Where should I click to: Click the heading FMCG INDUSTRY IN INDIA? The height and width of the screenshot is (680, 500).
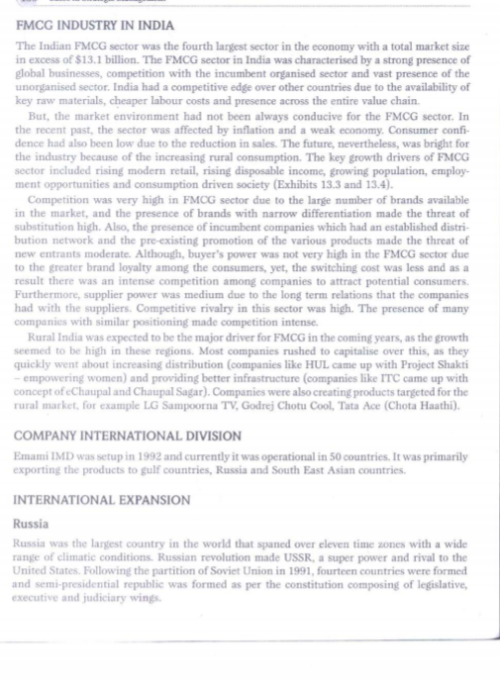pyautogui.click(x=95, y=25)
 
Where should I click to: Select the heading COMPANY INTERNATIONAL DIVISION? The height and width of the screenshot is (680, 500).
pyautogui.click(x=129, y=436)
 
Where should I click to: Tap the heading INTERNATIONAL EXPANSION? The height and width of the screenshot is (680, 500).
pyautogui.click(x=101, y=501)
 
